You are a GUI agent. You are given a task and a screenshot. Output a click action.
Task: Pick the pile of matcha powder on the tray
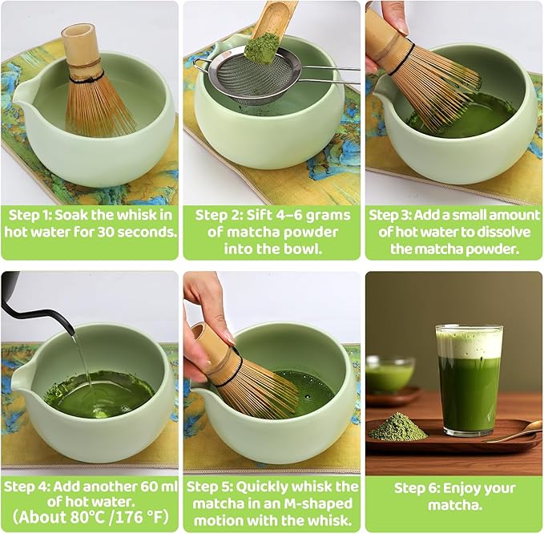398,428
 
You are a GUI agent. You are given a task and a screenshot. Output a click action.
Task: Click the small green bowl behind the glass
389,374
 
